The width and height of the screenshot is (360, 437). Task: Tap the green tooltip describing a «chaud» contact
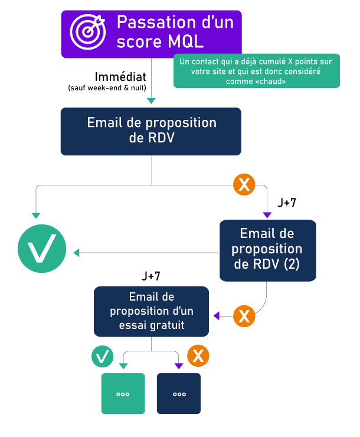256,71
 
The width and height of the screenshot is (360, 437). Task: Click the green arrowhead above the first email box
151,101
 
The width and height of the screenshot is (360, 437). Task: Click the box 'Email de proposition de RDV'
151,131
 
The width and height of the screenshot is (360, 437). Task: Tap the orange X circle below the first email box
244,185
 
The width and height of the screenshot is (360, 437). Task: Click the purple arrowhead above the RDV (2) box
267,214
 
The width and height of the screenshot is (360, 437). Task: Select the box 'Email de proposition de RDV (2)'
267,250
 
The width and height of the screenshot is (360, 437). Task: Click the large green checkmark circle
41,248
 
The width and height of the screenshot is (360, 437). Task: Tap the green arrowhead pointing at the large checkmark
76,253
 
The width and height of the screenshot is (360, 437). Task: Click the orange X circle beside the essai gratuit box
244,316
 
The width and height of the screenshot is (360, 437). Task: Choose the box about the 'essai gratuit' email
152,311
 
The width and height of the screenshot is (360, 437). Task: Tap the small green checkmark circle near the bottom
102,356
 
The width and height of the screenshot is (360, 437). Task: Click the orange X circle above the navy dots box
198,356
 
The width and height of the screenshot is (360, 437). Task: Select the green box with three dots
123,393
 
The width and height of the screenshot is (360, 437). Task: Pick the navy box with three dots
179,393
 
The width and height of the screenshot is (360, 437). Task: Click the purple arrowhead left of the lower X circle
217,316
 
